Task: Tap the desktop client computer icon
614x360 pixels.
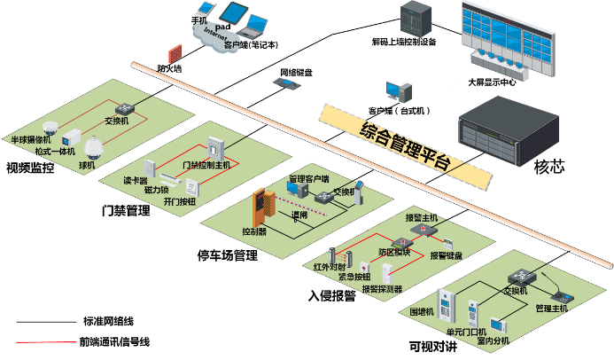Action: click(x=396, y=92)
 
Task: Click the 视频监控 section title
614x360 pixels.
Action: click(x=30, y=168)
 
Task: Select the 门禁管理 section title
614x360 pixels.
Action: click(x=126, y=211)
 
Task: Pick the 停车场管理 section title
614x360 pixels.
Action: click(x=227, y=256)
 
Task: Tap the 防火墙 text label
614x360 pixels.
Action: click(x=169, y=67)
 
